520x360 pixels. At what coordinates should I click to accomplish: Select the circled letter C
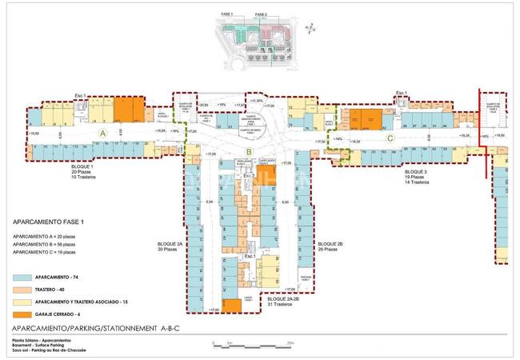[x=390, y=138]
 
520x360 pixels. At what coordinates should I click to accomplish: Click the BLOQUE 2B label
[x=330, y=243]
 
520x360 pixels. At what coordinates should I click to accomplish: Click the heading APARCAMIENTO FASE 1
[x=50, y=224]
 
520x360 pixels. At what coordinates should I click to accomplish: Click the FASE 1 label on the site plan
[x=228, y=15]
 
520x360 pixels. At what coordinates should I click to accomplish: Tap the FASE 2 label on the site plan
[x=261, y=15]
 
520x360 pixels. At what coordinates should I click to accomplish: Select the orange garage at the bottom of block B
[x=231, y=305]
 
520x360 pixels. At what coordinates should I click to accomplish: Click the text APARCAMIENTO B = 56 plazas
[x=45, y=244]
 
